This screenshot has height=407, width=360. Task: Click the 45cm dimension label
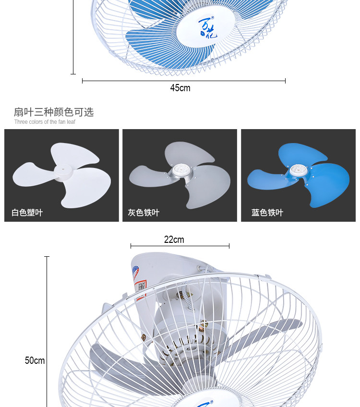click(x=180, y=88)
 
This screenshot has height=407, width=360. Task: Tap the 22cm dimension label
click(x=174, y=239)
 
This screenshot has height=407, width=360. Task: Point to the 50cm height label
click(x=35, y=360)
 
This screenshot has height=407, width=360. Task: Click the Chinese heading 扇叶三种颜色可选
click(x=54, y=112)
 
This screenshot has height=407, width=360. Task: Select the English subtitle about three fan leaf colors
click(x=45, y=122)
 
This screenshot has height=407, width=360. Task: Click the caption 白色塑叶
click(x=27, y=213)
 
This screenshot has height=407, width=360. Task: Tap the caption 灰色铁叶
click(x=144, y=213)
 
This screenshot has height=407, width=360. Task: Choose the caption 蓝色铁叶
click(x=267, y=213)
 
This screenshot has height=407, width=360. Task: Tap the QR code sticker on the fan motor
click(x=142, y=287)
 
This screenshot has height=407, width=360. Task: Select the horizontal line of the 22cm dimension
click(x=180, y=246)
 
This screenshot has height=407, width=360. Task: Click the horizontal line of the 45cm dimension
click(x=184, y=81)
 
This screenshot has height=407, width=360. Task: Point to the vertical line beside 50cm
click(x=47, y=331)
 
